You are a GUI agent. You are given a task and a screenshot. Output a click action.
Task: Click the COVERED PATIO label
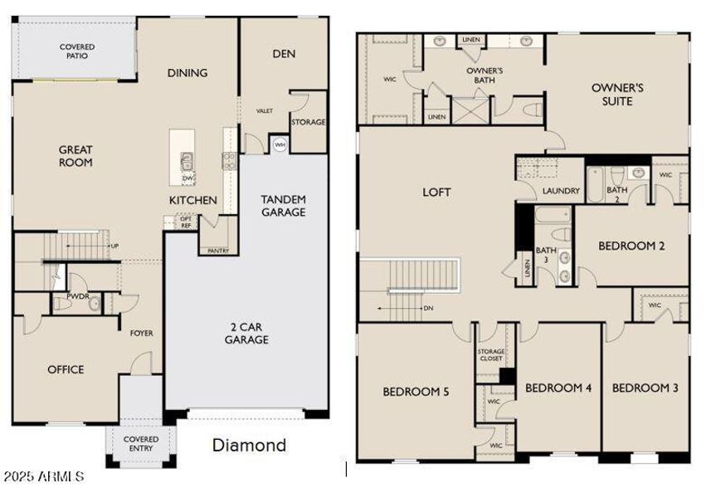(x=76, y=51)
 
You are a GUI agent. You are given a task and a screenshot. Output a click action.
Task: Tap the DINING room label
(x=188, y=73)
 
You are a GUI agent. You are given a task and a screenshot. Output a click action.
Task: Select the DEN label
(x=284, y=54)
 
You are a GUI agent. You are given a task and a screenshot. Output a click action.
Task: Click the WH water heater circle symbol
(x=280, y=144)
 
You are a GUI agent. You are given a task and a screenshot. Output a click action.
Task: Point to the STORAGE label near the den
(x=308, y=122)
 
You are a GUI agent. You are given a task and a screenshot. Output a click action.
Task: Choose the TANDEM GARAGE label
(x=283, y=206)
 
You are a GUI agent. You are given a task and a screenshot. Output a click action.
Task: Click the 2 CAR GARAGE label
(x=246, y=333)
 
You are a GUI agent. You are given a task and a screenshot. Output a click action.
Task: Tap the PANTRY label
(x=218, y=250)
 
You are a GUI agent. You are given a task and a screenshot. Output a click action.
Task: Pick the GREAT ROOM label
(x=75, y=156)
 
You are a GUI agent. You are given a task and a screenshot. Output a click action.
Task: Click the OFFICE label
(x=66, y=369)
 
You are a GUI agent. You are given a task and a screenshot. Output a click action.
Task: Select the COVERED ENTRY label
(x=141, y=444)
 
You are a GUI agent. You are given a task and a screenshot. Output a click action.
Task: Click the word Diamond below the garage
(x=249, y=446)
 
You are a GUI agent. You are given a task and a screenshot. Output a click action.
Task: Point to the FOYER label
(x=141, y=334)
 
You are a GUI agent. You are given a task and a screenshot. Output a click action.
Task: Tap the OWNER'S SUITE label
(x=618, y=94)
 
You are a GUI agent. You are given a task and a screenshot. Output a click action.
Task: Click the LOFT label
(x=436, y=193)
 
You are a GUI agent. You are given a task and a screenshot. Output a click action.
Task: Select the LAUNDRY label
(x=561, y=192)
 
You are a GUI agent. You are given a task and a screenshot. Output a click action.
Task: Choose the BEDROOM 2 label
(x=632, y=246)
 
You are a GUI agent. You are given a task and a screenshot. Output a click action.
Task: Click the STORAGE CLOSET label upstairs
(x=491, y=355)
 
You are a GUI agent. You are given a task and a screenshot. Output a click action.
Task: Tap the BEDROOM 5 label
(x=416, y=392)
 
